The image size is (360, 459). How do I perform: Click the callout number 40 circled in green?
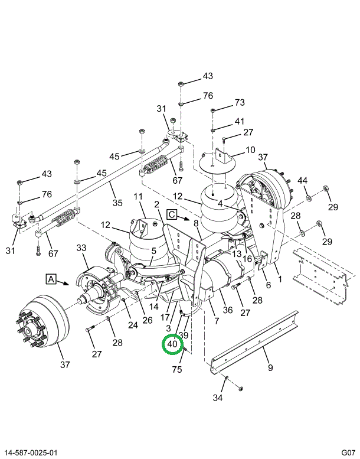click(172, 343)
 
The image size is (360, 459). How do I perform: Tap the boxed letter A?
click(51, 279)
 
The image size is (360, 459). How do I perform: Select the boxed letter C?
click(172, 214)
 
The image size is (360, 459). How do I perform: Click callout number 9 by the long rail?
click(270, 367)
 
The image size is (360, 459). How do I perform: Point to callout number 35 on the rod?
click(117, 203)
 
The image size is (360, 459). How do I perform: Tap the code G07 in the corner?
click(348, 453)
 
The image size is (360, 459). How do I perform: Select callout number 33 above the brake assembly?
click(81, 248)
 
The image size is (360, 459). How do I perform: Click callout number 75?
click(177, 369)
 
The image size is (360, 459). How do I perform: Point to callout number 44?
click(302, 180)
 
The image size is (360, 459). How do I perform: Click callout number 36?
click(228, 310)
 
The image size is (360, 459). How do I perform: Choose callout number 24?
click(133, 325)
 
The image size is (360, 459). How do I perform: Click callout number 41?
click(240, 121)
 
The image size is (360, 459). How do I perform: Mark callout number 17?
click(165, 317)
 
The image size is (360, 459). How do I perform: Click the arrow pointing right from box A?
click(63, 283)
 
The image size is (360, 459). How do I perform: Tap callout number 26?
click(148, 320)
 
